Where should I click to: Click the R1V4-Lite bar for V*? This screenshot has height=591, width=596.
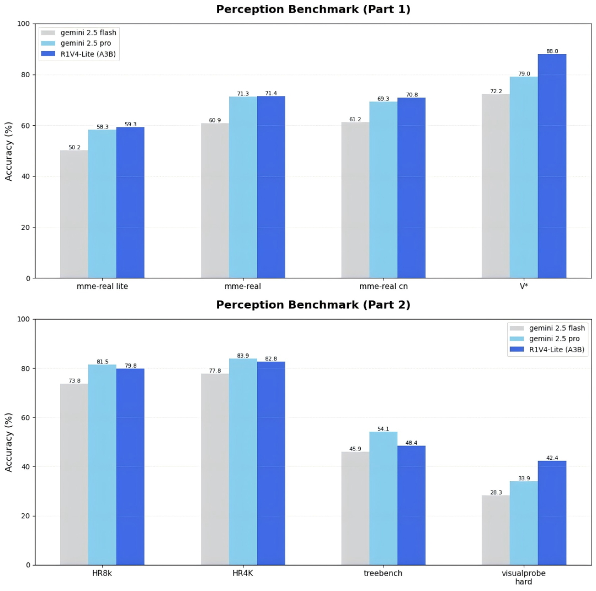(552, 166)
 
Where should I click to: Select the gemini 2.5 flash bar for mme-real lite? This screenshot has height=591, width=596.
(74, 214)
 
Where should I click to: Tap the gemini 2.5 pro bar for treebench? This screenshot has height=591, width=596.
(383, 498)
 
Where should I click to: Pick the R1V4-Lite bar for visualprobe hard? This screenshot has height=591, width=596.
(552, 513)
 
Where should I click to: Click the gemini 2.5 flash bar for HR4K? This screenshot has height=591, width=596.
(215, 470)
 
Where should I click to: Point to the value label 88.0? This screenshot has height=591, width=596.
(552, 51)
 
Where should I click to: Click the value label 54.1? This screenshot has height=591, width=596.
(383, 429)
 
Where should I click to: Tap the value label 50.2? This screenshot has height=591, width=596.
(74, 147)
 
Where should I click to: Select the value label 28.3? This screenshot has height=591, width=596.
(496, 492)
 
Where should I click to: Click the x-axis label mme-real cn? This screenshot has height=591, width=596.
(384, 286)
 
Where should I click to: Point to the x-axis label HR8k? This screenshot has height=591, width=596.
(102, 573)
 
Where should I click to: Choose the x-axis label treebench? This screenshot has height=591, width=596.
(383, 573)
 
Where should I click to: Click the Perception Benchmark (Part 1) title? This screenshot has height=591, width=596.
(313, 9)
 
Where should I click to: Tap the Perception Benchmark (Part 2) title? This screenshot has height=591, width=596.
(313, 305)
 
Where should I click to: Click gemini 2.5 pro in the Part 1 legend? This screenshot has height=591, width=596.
(86, 44)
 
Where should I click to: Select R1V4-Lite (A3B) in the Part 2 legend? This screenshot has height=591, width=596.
(557, 350)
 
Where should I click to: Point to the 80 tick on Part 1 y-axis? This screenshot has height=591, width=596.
(25, 75)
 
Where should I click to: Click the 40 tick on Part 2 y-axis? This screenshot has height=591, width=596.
(25, 467)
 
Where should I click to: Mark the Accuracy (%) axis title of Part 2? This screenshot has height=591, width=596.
(8, 443)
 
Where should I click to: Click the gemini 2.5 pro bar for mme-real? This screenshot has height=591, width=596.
(243, 187)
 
